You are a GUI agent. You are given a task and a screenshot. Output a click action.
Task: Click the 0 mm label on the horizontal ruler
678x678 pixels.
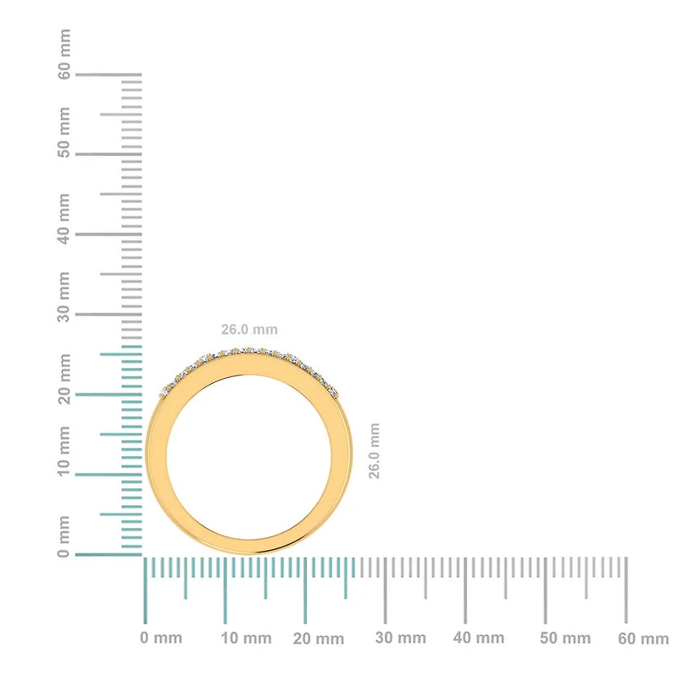(x=161, y=638)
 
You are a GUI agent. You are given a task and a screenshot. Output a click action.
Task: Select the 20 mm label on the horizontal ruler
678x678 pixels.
(x=320, y=638)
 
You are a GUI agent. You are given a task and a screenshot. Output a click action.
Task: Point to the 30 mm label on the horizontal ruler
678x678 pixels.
(x=400, y=638)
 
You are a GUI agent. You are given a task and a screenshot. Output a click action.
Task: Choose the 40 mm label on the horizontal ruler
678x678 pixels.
(x=479, y=638)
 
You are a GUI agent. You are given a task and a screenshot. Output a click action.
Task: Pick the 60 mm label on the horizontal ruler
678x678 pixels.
(x=643, y=638)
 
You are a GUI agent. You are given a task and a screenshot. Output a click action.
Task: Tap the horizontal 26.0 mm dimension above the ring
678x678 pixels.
(x=249, y=330)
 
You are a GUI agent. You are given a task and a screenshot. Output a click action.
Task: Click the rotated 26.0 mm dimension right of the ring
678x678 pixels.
(x=375, y=451)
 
